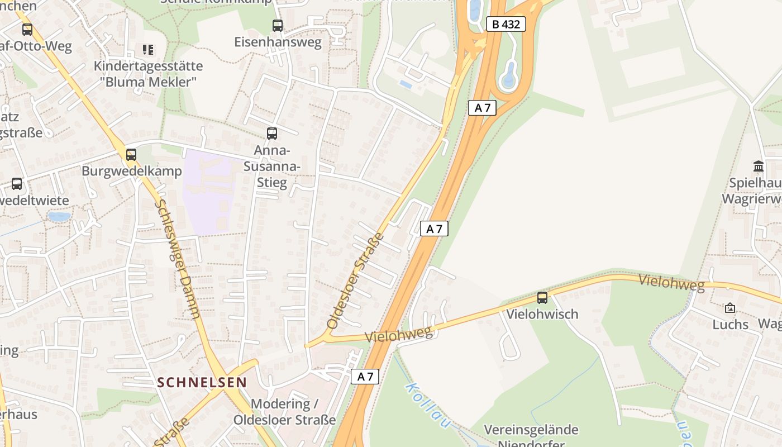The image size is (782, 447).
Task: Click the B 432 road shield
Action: [506, 25]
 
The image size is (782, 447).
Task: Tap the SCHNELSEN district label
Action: [202, 382]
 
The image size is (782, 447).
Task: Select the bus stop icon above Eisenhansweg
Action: [277, 25]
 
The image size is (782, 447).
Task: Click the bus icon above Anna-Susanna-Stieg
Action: [272, 133]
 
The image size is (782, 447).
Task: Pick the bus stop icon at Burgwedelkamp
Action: [131, 154]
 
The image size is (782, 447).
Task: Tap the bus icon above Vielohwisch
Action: [542, 298]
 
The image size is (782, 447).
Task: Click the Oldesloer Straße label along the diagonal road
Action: [356, 280]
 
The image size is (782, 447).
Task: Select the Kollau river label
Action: [427, 405]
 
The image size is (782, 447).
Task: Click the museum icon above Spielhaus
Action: [759, 166]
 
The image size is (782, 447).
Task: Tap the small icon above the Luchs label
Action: [730, 308]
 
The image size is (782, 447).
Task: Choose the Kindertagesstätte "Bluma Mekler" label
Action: [148, 74]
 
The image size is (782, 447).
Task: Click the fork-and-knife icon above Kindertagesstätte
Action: [147, 50]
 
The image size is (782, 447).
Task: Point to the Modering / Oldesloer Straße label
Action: [285, 411]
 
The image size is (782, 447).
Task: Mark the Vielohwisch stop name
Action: [542, 314]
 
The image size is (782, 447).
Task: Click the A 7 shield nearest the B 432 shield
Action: [482, 108]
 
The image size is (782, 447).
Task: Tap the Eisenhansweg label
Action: [278, 42]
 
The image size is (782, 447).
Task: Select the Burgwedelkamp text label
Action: [132, 171]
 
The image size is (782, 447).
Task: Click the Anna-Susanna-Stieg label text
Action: [272, 167]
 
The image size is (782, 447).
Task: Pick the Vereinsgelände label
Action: [531, 430]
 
